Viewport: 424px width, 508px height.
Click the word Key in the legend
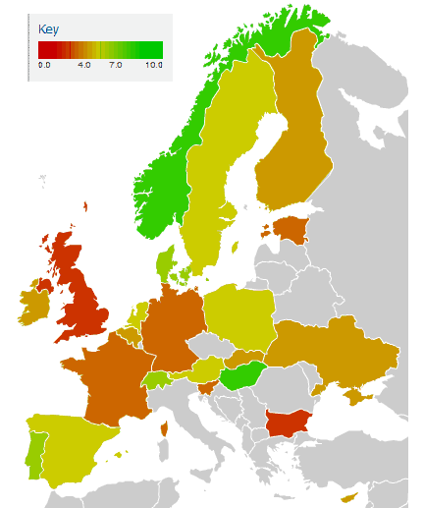coord(48,29)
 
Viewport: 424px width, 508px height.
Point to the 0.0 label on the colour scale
coord(44,64)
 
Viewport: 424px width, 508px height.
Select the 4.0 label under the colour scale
coord(83,64)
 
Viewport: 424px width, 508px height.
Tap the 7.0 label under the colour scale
coord(116,64)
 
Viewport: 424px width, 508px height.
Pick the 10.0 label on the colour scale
coord(153,64)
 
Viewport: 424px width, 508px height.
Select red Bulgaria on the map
coord(290,425)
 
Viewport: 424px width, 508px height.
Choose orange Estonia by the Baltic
coord(291,230)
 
